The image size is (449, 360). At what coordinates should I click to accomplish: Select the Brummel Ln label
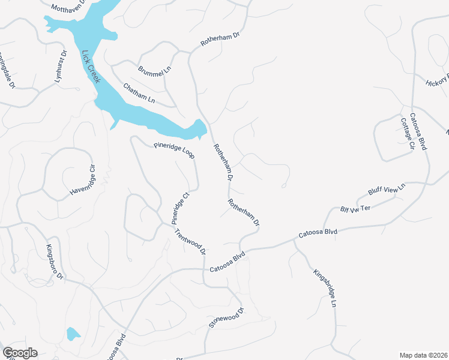(x=155, y=62)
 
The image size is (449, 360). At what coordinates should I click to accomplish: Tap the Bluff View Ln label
(x=387, y=190)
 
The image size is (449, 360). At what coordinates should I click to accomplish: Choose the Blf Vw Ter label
(x=356, y=208)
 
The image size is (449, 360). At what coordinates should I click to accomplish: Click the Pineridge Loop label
(x=173, y=150)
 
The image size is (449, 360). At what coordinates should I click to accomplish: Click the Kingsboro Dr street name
(x=55, y=262)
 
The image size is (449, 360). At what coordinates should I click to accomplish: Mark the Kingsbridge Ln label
(x=324, y=288)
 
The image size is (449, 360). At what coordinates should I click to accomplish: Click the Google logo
(x=20, y=353)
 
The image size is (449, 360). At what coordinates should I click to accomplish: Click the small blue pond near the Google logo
(x=73, y=333)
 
